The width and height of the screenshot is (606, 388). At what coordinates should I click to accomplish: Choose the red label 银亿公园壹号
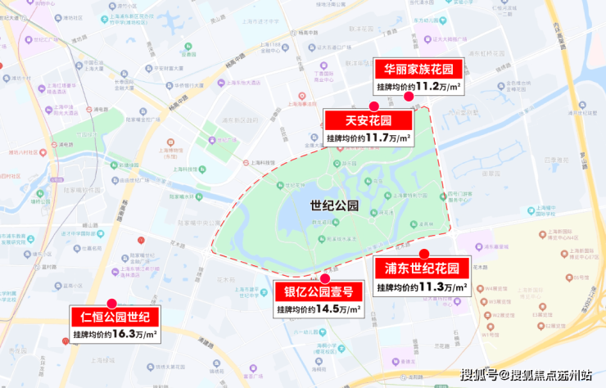click(x=319, y=292)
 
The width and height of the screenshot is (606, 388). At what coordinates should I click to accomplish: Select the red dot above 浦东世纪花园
click(x=423, y=254)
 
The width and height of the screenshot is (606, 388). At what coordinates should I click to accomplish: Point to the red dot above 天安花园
click(x=373, y=106)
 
